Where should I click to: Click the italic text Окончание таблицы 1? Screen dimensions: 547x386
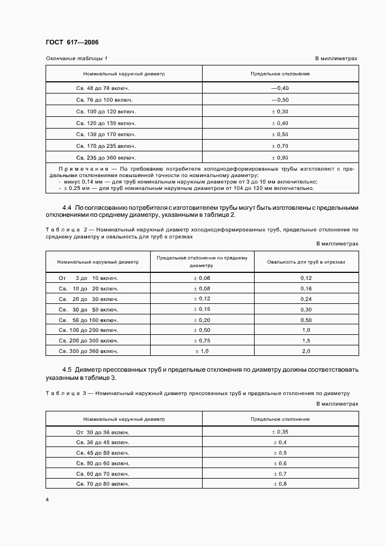pyautogui.click(x=76, y=58)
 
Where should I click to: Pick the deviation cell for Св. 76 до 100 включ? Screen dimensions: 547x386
pyautogui.click(x=280, y=100)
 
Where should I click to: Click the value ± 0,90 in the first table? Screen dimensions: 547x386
pyautogui.click(x=280, y=158)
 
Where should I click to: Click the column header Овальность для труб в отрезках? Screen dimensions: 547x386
pyautogui.click(x=306, y=262)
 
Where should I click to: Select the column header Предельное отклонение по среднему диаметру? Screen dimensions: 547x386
pyautogui.click(x=202, y=261)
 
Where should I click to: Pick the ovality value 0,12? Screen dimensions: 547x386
pyautogui.click(x=306, y=278)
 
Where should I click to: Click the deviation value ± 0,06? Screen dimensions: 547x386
pyautogui.click(x=202, y=278)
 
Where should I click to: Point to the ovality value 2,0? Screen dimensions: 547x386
pyautogui.click(x=306, y=351)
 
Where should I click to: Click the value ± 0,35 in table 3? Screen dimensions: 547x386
pyautogui.click(x=280, y=431)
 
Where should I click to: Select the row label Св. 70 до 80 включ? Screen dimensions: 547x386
pyautogui.click(x=103, y=484)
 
